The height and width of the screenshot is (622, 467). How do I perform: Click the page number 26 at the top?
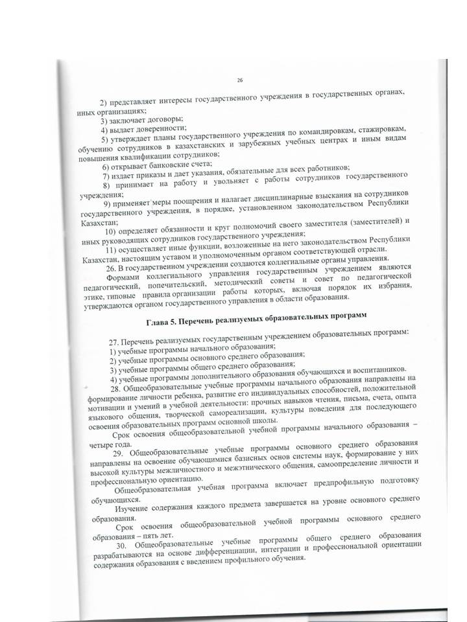click(239, 80)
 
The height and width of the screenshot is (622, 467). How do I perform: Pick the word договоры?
click(163, 119)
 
